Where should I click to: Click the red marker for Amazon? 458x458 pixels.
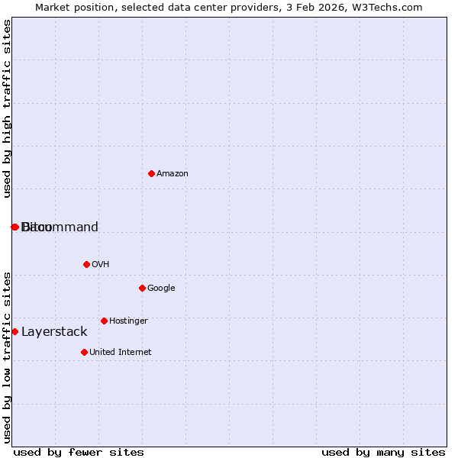point(151,173)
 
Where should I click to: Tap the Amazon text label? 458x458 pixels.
point(173,174)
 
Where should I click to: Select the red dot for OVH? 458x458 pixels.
point(86,264)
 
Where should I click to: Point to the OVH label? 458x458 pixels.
point(100,265)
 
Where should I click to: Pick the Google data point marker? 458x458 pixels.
point(142,288)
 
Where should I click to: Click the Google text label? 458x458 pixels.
point(161,289)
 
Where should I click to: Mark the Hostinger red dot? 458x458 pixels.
point(104,321)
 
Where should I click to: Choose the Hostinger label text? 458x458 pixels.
point(128,321)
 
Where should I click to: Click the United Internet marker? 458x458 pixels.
point(84,352)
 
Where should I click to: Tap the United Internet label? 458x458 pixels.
point(120,353)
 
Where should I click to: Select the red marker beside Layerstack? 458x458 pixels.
point(15,331)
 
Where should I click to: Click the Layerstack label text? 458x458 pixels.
point(54,332)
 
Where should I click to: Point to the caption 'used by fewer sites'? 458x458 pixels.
point(79,452)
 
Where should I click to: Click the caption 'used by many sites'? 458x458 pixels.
point(383,452)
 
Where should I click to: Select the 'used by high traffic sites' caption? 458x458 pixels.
point(7,108)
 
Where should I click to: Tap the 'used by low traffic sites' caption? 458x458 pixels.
point(7,356)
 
